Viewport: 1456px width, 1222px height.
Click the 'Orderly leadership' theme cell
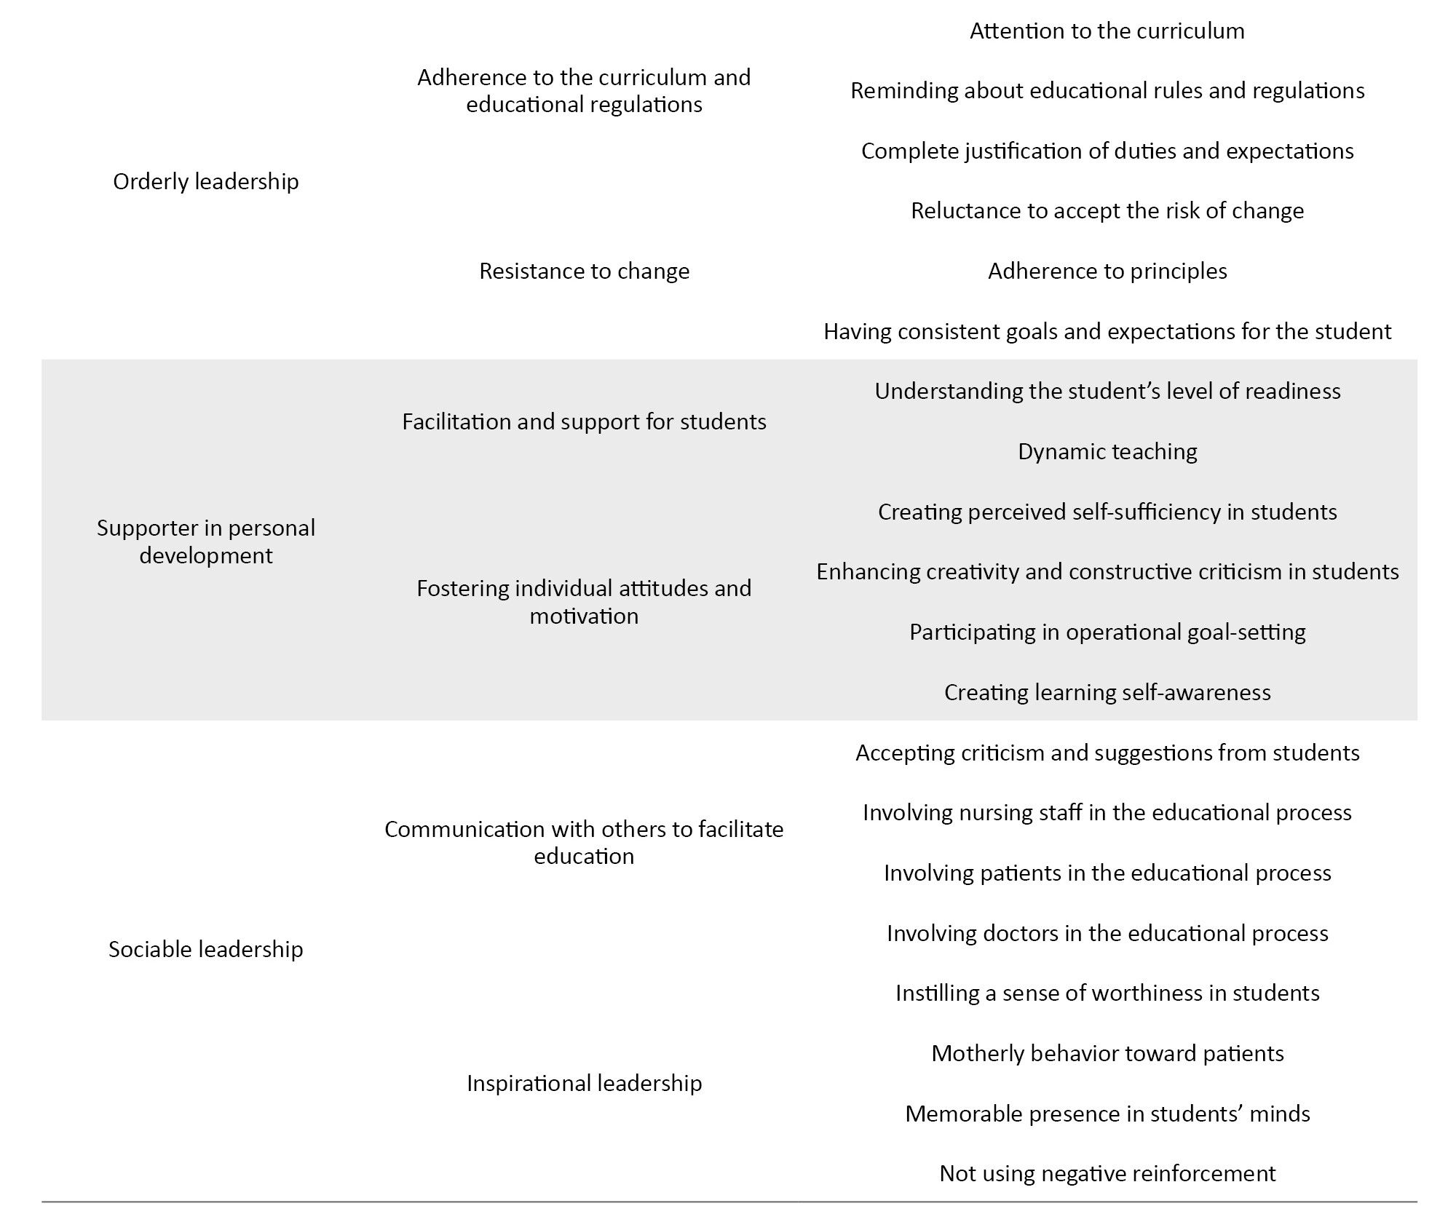pos(205,181)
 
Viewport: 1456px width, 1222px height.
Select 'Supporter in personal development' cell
pos(205,541)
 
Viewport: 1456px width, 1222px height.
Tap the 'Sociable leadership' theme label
pos(205,949)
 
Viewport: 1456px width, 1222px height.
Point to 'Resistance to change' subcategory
pos(584,271)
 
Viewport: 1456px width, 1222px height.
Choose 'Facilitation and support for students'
pos(584,421)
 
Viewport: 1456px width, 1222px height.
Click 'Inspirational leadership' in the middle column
pos(584,1083)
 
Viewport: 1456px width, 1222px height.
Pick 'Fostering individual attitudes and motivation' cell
pos(584,602)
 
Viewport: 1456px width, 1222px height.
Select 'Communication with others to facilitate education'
pos(584,842)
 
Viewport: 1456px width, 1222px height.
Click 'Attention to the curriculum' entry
pos(1107,31)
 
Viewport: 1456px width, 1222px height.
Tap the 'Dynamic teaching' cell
pos(1107,451)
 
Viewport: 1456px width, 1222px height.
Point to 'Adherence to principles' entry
pos(1107,271)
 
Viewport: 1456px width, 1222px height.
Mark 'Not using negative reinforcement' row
pos(1107,1173)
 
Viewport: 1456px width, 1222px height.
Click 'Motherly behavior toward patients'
pos(1107,1053)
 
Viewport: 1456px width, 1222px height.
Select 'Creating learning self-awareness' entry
pos(1107,691)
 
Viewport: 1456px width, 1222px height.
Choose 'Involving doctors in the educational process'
pos(1107,933)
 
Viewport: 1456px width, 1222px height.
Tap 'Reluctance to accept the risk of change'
pos(1107,210)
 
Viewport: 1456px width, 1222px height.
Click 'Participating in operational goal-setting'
pos(1107,632)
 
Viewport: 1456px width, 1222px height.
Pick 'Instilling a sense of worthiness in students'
pos(1107,993)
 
